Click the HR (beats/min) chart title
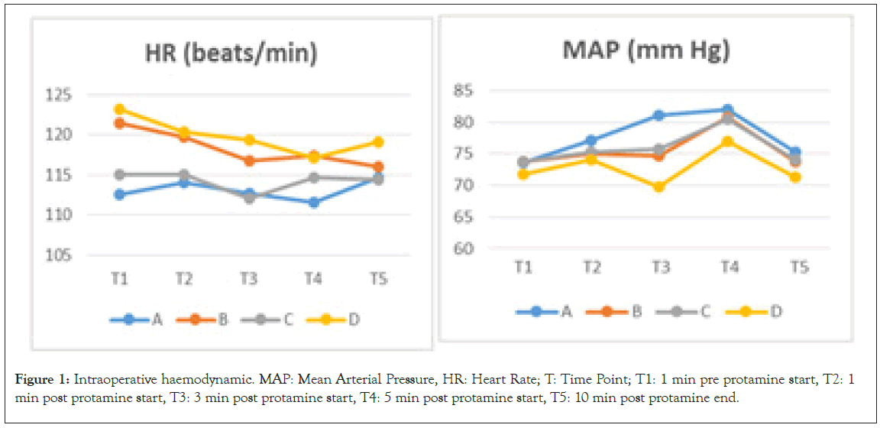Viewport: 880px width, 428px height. click(231, 53)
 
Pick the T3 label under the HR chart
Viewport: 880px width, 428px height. click(247, 279)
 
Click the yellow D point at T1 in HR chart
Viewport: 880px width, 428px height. click(118, 109)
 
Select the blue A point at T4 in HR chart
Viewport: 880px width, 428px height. click(313, 203)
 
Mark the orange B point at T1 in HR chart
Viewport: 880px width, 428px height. click(118, 123)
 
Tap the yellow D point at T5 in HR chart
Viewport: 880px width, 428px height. click(378, 142)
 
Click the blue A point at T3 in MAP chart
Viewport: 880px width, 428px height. click(659, 115)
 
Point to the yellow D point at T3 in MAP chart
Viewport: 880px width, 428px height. click(659, 186)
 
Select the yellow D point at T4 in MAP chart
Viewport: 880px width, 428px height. click(727, 141)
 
